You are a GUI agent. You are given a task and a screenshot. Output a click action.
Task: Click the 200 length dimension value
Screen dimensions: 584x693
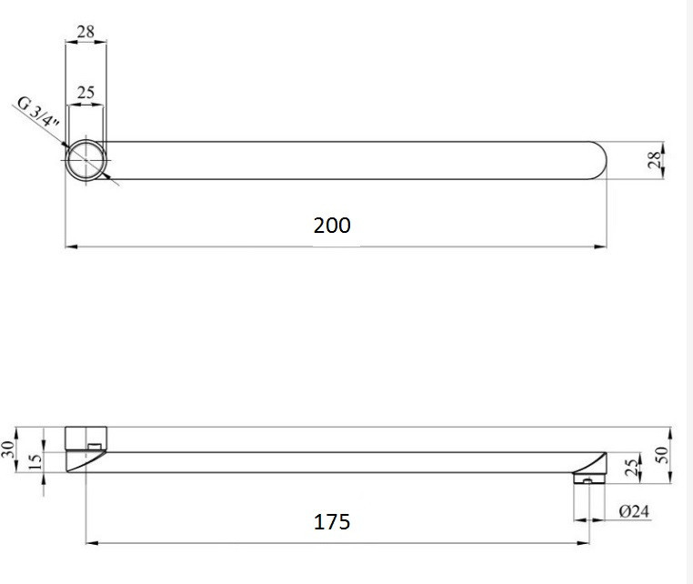point(332,225)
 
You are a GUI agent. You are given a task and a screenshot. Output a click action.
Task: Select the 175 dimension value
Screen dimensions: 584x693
point(332,522)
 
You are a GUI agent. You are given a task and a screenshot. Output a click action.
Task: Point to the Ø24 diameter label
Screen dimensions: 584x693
point(634,511)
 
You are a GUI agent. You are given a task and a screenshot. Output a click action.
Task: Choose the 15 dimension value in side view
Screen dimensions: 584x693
point(35,462)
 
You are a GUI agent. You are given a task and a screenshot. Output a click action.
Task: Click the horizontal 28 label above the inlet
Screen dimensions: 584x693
point(86,32)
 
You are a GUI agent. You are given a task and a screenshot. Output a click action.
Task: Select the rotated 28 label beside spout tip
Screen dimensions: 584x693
point(652,160)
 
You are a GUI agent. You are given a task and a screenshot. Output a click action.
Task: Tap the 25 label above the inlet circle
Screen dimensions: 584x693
point(86,93)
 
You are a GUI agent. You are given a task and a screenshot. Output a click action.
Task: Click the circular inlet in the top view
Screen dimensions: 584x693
point(86,161)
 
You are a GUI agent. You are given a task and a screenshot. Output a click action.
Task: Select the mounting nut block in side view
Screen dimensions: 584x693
point(86,437)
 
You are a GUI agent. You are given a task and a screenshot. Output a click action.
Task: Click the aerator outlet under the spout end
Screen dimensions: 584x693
point(588,478)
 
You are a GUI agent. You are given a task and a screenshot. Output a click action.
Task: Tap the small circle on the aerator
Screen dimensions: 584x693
point(588,481)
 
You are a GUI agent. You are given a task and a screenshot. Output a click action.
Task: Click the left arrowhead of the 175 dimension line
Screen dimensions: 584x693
point(91,544)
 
